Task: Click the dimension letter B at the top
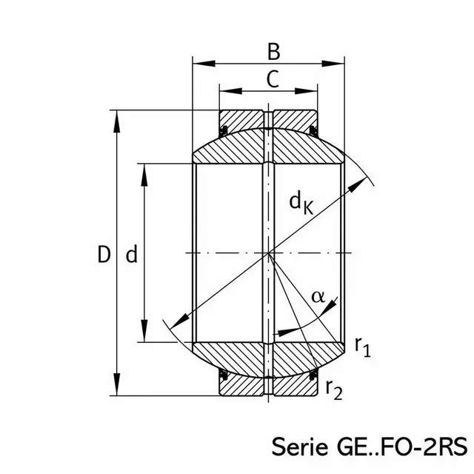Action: pos(274,52)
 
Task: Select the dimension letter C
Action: pos(273,79)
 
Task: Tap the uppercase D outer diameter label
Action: pos(104,254)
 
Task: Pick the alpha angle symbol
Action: pos(318,297)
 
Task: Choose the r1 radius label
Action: pos(363,347)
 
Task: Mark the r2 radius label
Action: pos(334,390)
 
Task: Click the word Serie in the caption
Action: pos(299,447)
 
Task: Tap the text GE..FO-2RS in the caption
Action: pos(402,447)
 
